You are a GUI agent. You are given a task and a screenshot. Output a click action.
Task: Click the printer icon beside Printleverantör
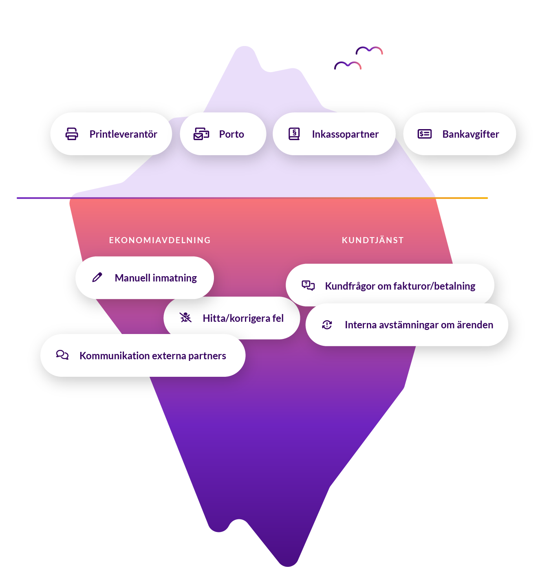(72, 134)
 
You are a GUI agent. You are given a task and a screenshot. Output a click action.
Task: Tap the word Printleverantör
(123, 134)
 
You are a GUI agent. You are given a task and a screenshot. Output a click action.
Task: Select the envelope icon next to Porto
(201, 134)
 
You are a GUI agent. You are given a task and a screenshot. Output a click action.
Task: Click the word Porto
(231, 134)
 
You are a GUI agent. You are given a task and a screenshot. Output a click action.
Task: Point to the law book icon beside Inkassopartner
(294, 134)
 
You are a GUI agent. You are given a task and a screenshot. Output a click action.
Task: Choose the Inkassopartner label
(345, 134)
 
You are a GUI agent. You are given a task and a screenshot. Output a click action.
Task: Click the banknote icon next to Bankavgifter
(424, 134)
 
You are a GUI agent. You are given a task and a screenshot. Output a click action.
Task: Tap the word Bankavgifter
(471, 134)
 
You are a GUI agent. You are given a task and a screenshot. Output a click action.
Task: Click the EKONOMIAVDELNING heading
(160, 240)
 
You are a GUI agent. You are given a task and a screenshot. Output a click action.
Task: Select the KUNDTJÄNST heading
(372, 240)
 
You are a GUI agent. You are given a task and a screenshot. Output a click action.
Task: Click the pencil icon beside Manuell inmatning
(97, 277)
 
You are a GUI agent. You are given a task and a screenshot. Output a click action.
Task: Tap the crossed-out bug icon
(185, 317)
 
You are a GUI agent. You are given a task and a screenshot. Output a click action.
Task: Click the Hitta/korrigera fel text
(243, 318)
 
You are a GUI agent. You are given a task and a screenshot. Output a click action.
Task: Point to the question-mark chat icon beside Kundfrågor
(308, 285)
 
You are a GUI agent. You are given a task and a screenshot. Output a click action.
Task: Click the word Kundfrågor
(350, 286)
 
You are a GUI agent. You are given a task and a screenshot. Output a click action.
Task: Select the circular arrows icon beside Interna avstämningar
(327, 325)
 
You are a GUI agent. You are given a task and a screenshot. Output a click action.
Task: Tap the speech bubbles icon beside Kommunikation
(62, 355)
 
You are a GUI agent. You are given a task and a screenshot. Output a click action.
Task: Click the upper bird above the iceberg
(369, 51)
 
